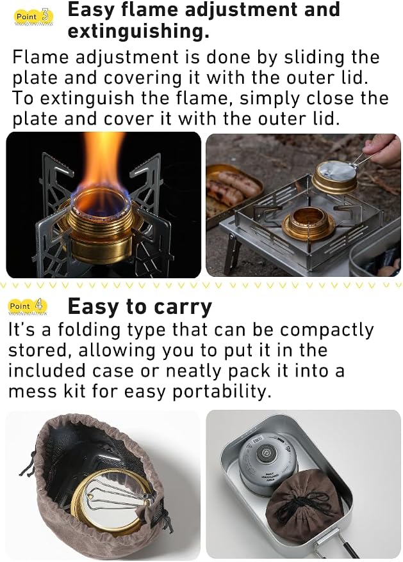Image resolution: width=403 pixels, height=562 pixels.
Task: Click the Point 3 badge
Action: point(34,17)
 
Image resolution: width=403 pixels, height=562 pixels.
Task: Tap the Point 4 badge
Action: point(28,306)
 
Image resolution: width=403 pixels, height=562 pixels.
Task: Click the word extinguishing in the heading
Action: point(138,31)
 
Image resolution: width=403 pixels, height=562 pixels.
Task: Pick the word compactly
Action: point(327,331)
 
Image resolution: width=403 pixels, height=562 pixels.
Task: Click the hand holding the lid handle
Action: point(382,150)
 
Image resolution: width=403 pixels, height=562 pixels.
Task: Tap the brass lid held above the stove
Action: point(334,177)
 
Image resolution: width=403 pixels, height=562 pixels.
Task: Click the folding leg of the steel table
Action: point(233,253)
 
